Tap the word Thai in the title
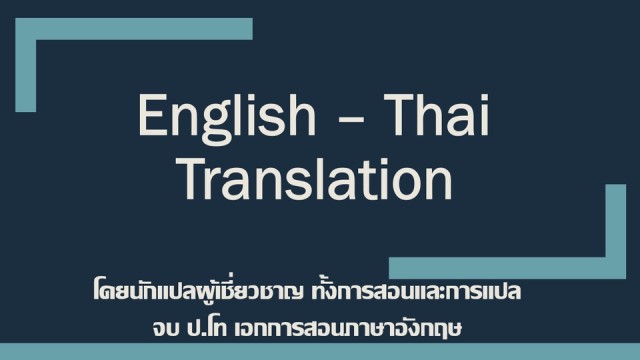(x=435, y=117)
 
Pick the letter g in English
(x=205, y=126)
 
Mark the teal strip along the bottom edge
(x=320, y=351)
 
